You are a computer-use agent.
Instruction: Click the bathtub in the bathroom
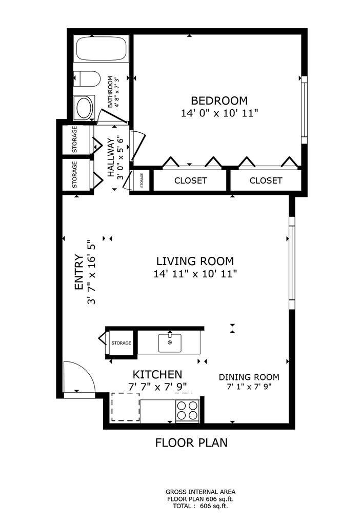point(102,49)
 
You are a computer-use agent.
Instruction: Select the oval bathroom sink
point(85,108)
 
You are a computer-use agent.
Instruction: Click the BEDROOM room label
point(219,100)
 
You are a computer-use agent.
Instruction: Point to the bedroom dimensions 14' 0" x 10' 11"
point(219,113)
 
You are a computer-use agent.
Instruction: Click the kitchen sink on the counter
point(170,343)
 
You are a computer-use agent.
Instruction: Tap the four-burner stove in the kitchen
point(188,410)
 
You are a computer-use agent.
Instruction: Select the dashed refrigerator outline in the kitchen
point(125,407)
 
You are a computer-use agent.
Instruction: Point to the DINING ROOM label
point(249,377)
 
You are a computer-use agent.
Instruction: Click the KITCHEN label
point(157,374)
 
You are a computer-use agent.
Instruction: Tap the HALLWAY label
point(111,157)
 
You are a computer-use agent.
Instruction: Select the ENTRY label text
point(78,272)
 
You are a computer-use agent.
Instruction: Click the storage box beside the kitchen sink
point(121,343)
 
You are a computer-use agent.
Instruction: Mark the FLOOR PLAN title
point(191,442)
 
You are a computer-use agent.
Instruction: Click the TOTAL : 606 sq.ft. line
point(200,506)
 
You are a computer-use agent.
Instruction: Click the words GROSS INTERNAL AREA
point(200,492)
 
